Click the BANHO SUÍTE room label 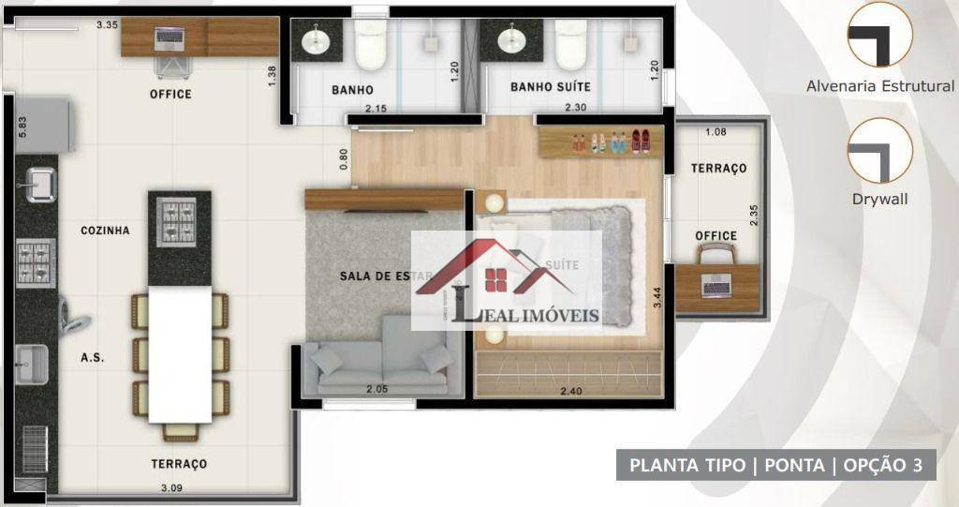(551, 87)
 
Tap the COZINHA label (105, 231)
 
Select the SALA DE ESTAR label (386, 276)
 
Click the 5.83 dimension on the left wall (22, 127)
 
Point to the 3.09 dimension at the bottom (171, 488)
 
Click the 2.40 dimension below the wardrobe (570, 391)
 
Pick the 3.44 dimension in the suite (657, 298)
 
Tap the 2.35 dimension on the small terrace (754, 215)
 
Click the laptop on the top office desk (170, 38)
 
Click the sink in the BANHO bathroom (317, 40)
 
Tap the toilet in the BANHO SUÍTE (571, 45)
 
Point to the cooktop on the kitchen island (177, 222)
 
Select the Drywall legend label (879, 199)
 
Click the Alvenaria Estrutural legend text (880, 86)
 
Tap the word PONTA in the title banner (794, 466)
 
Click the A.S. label (93, 357)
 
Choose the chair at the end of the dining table (180, 432)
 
